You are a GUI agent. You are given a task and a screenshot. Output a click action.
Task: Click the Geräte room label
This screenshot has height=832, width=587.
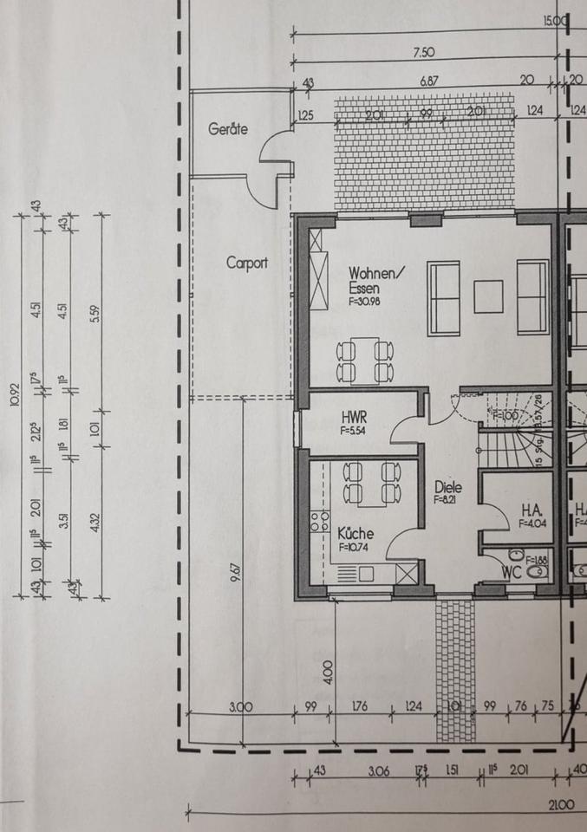coord(228,129)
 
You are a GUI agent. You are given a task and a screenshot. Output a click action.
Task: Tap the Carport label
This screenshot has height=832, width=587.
coord(247,263)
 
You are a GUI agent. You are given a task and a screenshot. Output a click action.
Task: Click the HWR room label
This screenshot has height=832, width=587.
coord(355,418)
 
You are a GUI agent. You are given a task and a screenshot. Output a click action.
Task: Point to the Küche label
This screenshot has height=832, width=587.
coord(355,535)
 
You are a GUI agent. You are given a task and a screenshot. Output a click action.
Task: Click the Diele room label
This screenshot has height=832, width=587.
coord(447,487)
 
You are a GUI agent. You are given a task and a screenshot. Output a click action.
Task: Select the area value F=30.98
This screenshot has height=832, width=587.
coord(365,302)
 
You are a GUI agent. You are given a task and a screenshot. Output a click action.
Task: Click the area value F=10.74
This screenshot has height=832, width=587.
coord(355,548)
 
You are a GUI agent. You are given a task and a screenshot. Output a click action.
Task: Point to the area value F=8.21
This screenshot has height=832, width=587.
coord(447,499)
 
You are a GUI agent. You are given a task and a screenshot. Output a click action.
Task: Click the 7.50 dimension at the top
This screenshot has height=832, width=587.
coord(424,53)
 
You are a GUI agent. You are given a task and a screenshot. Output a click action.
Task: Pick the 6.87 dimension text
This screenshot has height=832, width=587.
coord(429,80)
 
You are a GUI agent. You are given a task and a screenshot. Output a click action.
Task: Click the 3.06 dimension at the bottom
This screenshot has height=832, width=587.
coord(378,770)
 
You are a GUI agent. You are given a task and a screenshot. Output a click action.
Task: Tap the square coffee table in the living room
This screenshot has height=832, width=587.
coord(488,296)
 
